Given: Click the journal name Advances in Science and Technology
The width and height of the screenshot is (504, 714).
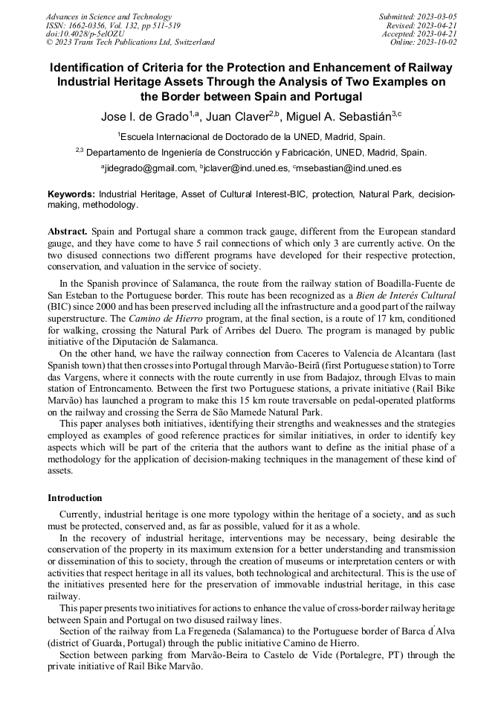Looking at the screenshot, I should pos(109,16).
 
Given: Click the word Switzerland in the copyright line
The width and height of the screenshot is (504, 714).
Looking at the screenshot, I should pos(191,42).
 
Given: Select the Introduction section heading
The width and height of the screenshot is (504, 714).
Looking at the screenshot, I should pos(75,497).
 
